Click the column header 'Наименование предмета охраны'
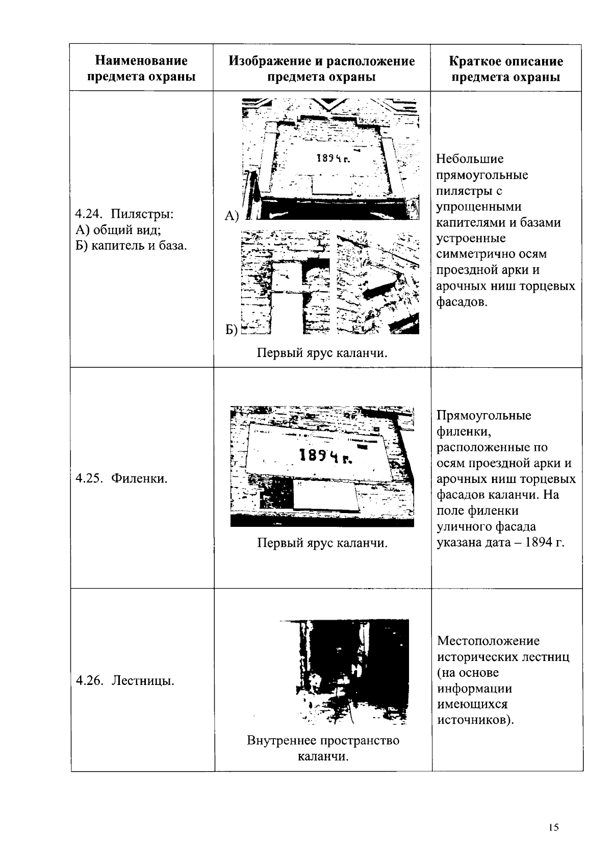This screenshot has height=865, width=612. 141,69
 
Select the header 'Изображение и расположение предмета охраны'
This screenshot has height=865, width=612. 321,69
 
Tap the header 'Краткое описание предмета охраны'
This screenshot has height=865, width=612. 506,69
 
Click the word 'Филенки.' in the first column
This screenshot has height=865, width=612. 140,478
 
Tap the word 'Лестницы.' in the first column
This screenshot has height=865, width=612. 143,680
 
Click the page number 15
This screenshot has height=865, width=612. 554,828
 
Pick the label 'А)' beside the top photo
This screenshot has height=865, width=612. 232,216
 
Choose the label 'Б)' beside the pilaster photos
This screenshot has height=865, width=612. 232,330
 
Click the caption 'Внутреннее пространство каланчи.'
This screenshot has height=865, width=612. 323,748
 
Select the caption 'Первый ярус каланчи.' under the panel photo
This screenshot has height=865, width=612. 322,543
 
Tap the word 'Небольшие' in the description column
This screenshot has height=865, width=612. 470,159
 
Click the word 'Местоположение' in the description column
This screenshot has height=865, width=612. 488,641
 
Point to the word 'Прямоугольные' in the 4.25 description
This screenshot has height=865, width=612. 484,415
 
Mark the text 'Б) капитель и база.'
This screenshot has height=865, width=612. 131,246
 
